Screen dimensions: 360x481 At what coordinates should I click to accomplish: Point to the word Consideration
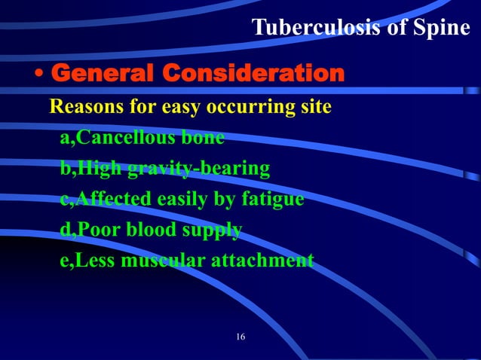pos(254,74)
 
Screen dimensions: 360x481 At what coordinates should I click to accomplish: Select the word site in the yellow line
pos(315,107)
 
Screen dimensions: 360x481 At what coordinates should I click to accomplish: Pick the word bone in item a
pos(201,138)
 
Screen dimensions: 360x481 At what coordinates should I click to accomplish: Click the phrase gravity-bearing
pos(198,169)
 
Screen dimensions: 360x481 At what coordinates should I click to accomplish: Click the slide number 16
pos(240,336)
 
